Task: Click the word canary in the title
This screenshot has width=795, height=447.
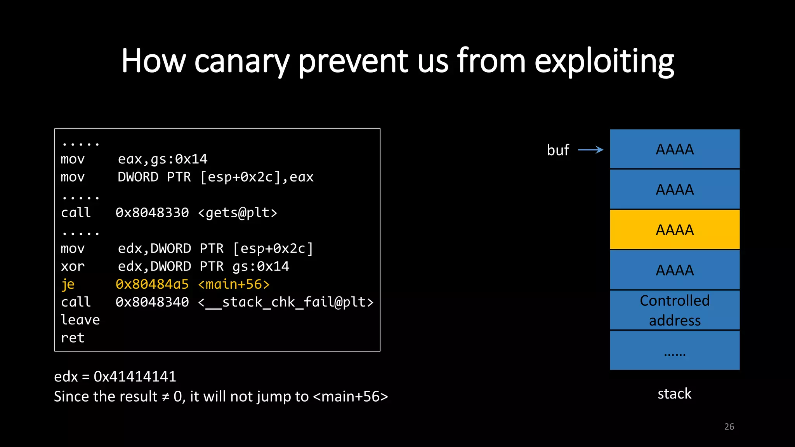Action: coord(241,61)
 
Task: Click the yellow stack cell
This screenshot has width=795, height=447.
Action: coord(675,230)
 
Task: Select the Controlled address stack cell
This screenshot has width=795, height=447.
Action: coord(675,310)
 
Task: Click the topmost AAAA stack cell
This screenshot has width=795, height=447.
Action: coord(675,149)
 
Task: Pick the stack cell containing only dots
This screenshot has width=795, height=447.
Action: coord(675,350)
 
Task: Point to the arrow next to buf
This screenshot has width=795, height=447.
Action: coord(590,150)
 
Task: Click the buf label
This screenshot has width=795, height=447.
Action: coord(558,150)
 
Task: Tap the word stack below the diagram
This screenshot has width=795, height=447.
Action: coord(674,393)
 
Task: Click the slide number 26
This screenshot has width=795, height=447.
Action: coord(729,426)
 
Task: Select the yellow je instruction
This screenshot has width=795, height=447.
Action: coord(68,284)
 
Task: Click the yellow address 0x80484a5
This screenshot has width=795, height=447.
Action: coord(152,284)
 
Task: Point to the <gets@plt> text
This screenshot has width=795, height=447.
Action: coord(238,213)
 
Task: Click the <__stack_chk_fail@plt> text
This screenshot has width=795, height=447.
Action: coord(286,302)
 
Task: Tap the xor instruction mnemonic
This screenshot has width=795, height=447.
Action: coord(73,267)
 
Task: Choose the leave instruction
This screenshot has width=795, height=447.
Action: coord(80,320)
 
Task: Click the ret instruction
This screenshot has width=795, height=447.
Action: coord(73,338)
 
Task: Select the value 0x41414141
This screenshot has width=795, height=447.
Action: coord(135,376)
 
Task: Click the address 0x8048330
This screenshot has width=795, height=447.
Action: coord(152,213)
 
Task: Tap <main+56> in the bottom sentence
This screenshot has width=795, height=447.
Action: coord(350,397)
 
